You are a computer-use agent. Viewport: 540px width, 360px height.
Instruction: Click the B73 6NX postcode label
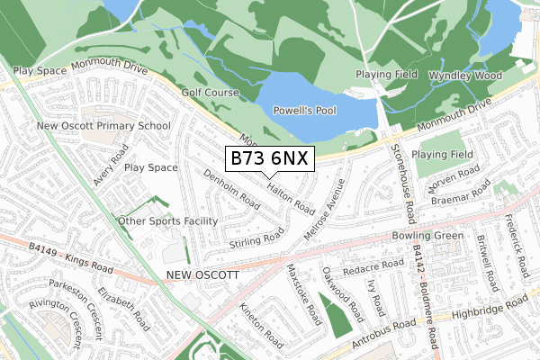(269, 159)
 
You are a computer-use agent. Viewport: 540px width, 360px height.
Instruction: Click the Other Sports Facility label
(169, 220)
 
